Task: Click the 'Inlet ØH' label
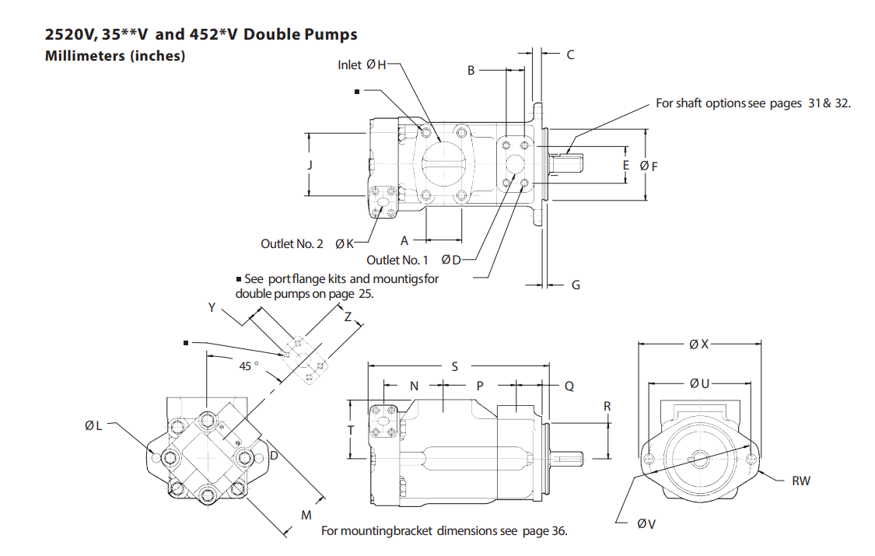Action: (x=361, y=65)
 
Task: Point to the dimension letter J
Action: (x=310, y=165)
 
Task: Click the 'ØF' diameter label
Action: (x=649, y=166)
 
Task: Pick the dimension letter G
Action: (x=576, y=285)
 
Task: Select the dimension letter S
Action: (x=455, y=365)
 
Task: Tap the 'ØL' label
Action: (x=93, y=425)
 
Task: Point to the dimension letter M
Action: (x=306, y=516)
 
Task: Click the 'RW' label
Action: (x=800, y=481)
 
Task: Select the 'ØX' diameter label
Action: (x=698, y=344)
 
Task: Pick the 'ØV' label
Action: (x=646, y=524)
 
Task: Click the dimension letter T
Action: (x=351, y=430)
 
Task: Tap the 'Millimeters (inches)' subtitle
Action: (x=115, y=56)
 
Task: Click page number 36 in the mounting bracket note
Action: (x=557, y=531)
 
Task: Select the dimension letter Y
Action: (x=212, y=308)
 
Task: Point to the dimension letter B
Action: (x=471, y=70)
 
